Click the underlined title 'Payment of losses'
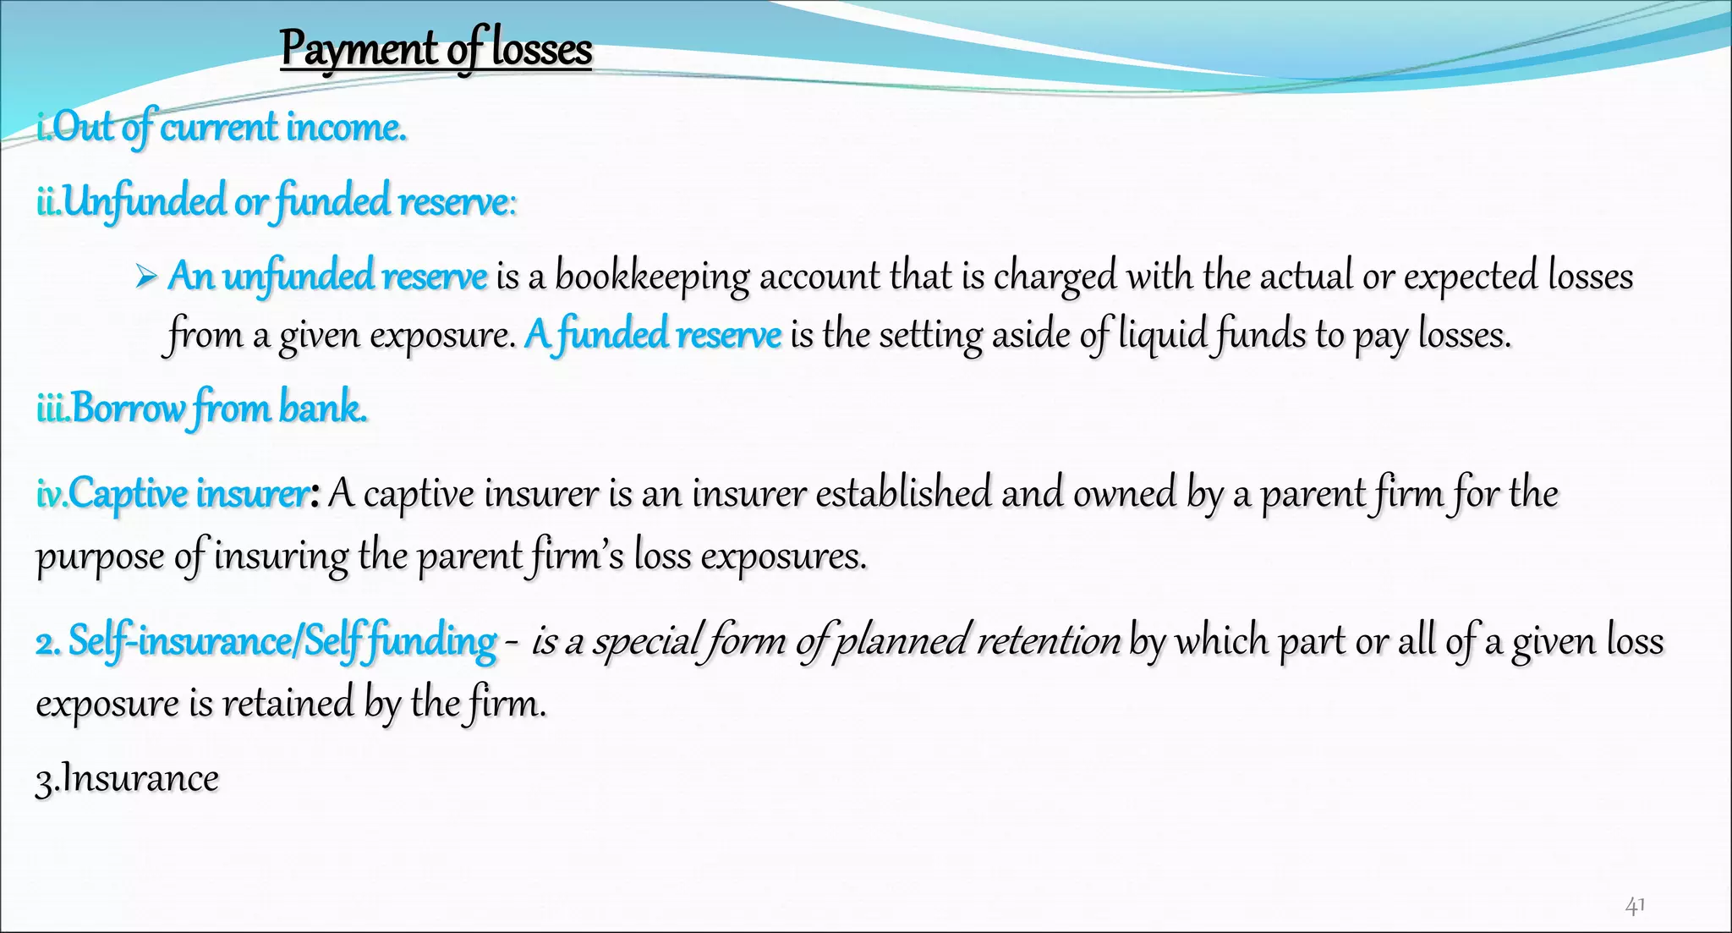point(436,48)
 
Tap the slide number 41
point(1635,906)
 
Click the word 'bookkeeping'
point(652,277)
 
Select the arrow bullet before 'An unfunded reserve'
point(146,276)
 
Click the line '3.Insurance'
point(127,778)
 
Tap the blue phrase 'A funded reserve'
point(652,334)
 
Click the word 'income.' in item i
point(346,128)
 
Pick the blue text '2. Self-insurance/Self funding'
point(266,640)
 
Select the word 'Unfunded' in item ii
point(144,202)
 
